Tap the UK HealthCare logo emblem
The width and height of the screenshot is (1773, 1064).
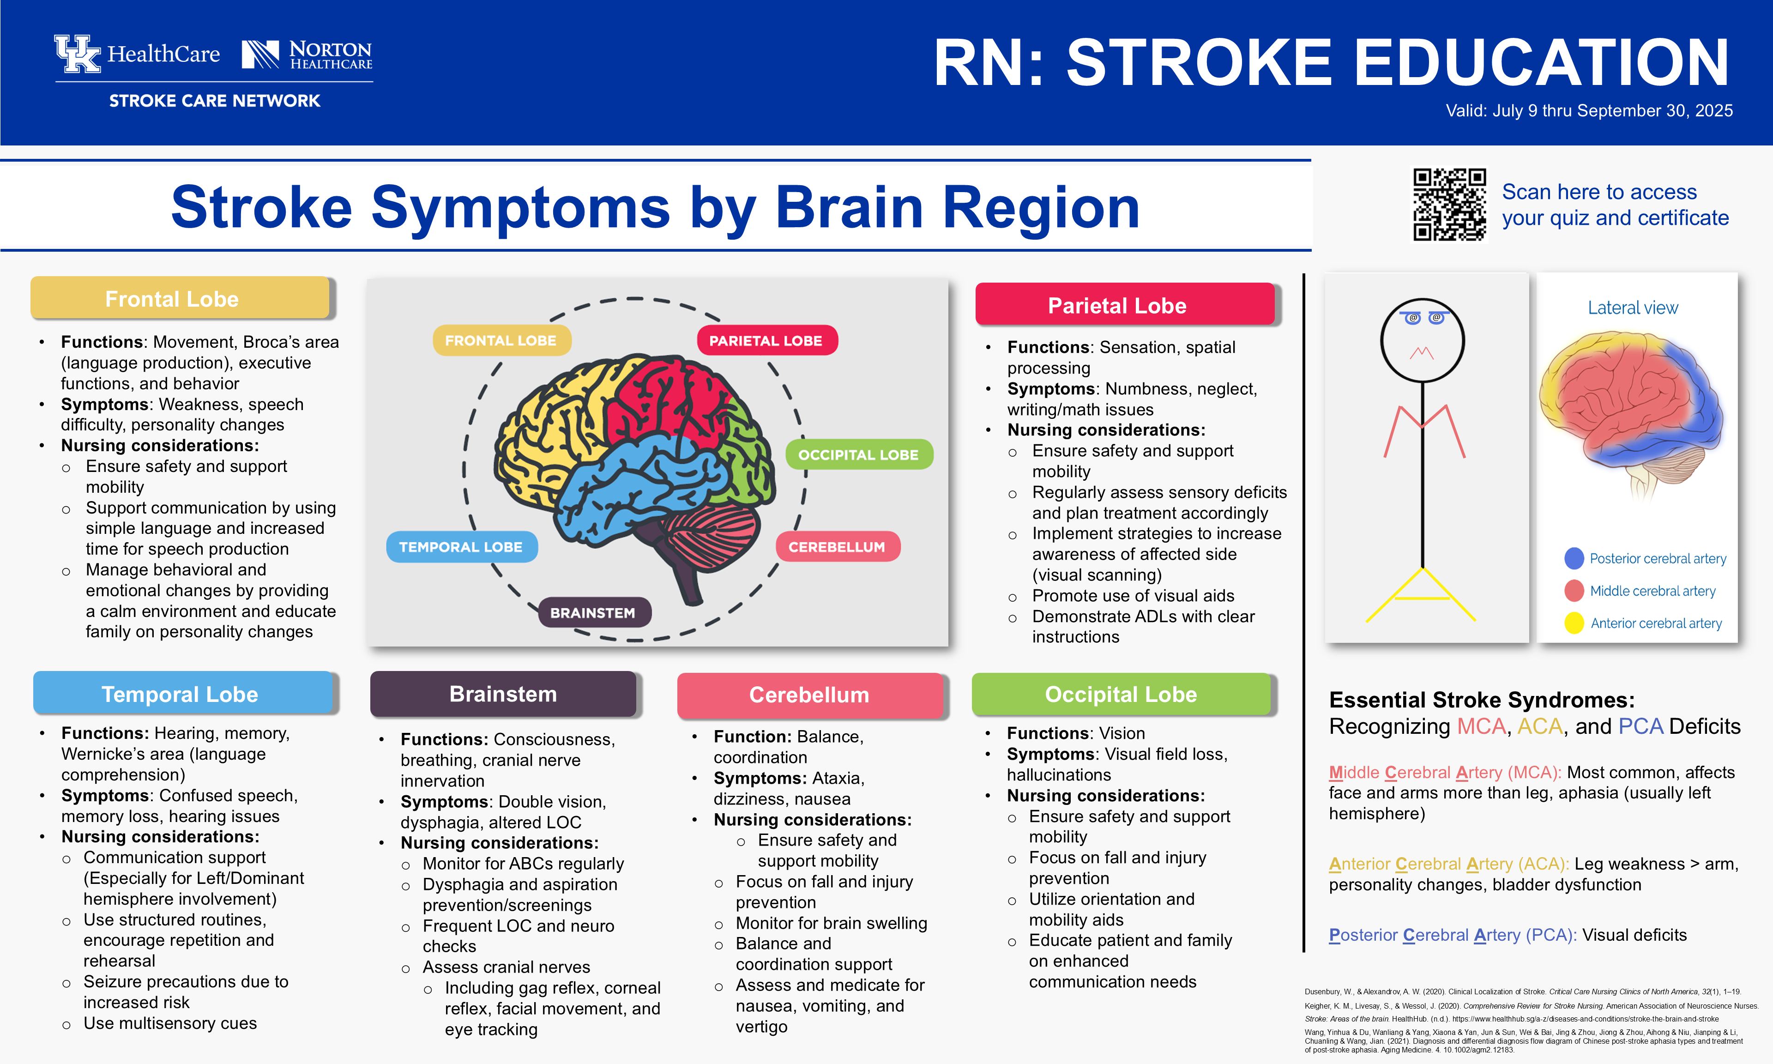pyautogui.click(x=78, y=54)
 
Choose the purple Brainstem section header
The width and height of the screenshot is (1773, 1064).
pyautogui.click(x=503, y=694)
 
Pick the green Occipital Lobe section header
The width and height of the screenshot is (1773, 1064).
pyautogui.click(x=1121, y=694)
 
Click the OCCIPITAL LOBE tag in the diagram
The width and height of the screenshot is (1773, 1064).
pyautogui.click(x=858, y=454)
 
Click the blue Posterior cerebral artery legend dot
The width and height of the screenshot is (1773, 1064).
pyautogui.click(x=1574, y=558)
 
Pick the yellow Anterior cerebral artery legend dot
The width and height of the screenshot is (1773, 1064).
pyautogui.click(x=1574, y=623)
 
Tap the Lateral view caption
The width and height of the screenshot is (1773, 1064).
pyautogui.click(x=1633, y=308)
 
